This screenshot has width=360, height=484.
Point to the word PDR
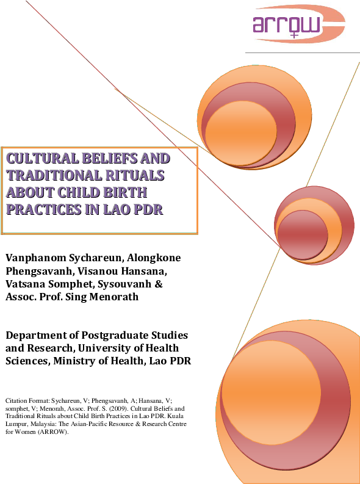point(157,209)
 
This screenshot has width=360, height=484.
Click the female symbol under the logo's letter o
point(295,35)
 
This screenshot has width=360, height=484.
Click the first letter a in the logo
point(260,24)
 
